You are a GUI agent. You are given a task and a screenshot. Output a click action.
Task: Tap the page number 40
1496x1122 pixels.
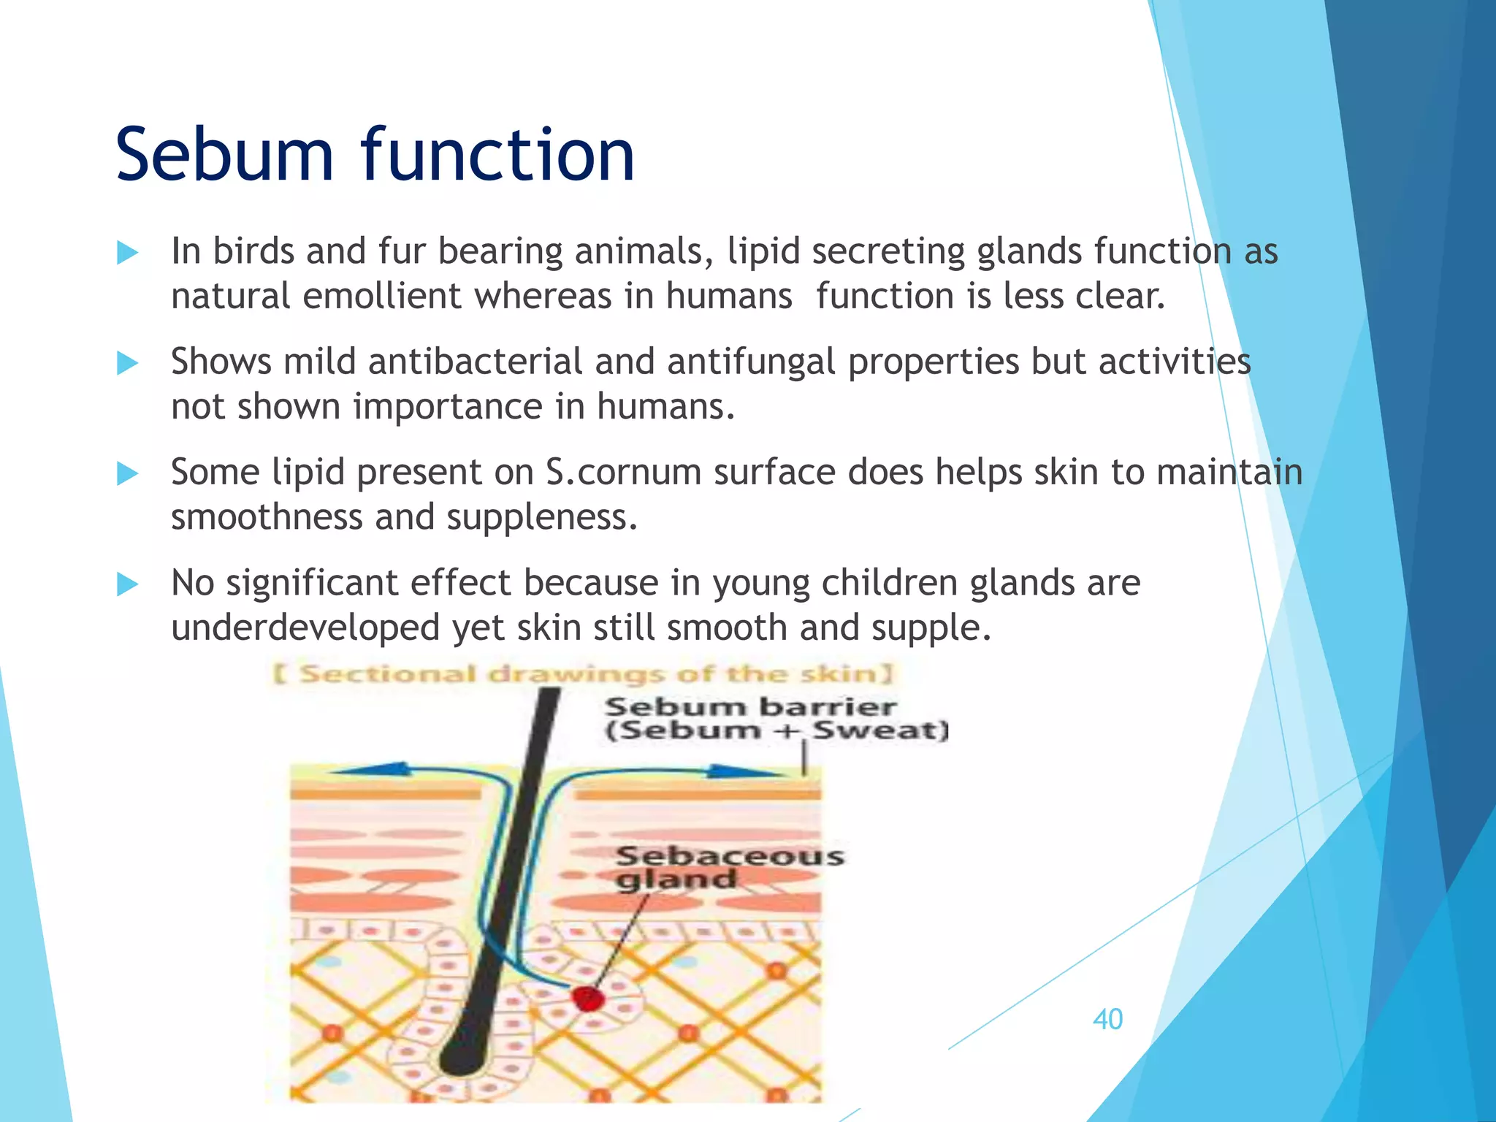tap(1107, 1019)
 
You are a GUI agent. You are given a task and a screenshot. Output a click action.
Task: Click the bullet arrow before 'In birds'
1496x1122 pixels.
tap(127, 253)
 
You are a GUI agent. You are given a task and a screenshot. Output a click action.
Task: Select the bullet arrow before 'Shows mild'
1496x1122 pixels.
tap(127, 363)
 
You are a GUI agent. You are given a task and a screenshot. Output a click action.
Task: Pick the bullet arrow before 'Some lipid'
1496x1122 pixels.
tap(127, 473)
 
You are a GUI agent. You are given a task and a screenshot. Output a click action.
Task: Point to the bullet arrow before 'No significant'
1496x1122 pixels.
tap(127, 584)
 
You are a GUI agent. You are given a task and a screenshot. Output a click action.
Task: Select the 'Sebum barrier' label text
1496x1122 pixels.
tap(750, 707)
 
